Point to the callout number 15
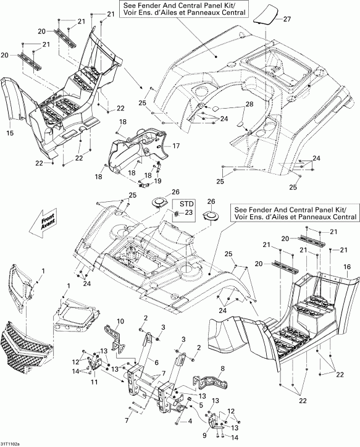9,133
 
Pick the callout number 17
176,146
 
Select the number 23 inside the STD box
189,212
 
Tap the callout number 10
120,322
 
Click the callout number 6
156,362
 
